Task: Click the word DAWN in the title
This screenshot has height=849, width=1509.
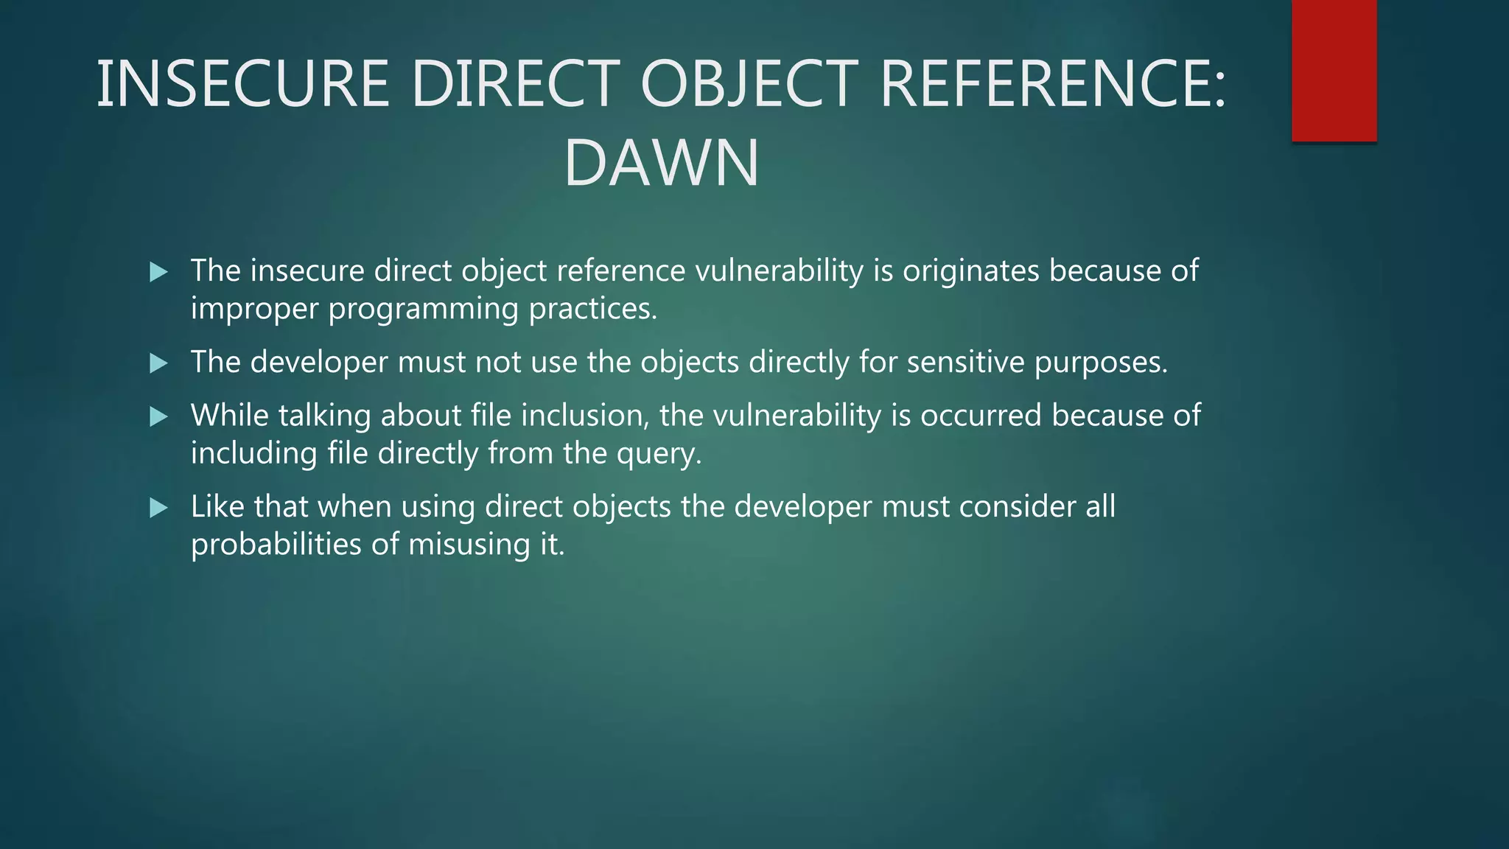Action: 661,163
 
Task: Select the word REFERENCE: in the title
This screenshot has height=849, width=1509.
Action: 1052,84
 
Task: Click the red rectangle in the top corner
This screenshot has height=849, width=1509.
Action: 1334,70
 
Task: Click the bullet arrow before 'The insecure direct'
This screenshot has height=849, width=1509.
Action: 158,272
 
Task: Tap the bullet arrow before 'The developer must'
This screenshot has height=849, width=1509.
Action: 158,363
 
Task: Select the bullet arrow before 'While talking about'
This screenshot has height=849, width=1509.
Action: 158,416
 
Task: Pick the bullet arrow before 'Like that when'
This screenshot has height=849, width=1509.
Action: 158,507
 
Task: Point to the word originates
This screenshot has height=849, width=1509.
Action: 971,271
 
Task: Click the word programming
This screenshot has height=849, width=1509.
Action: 424,309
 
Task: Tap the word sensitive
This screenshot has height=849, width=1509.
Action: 966,362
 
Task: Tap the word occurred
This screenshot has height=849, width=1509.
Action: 981,416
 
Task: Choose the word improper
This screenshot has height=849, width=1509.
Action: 254,309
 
